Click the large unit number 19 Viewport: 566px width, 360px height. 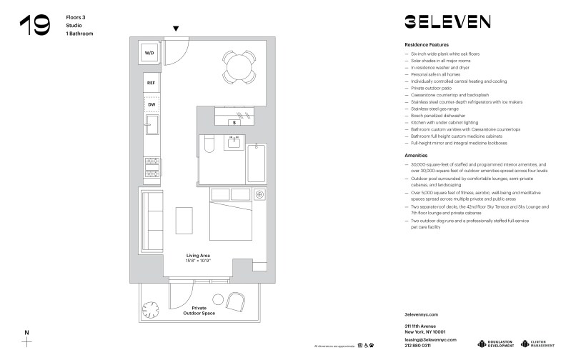point(34,26)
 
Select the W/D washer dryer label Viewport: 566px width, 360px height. point(150,53)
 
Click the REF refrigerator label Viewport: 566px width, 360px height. point(151,84)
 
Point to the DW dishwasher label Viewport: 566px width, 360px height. point(151,105)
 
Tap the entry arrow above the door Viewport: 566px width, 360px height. point(177,29)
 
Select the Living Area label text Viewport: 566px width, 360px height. point(198,256)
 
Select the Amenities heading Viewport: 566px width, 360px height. point(417,154)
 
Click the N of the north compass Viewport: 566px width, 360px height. point(26,332)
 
